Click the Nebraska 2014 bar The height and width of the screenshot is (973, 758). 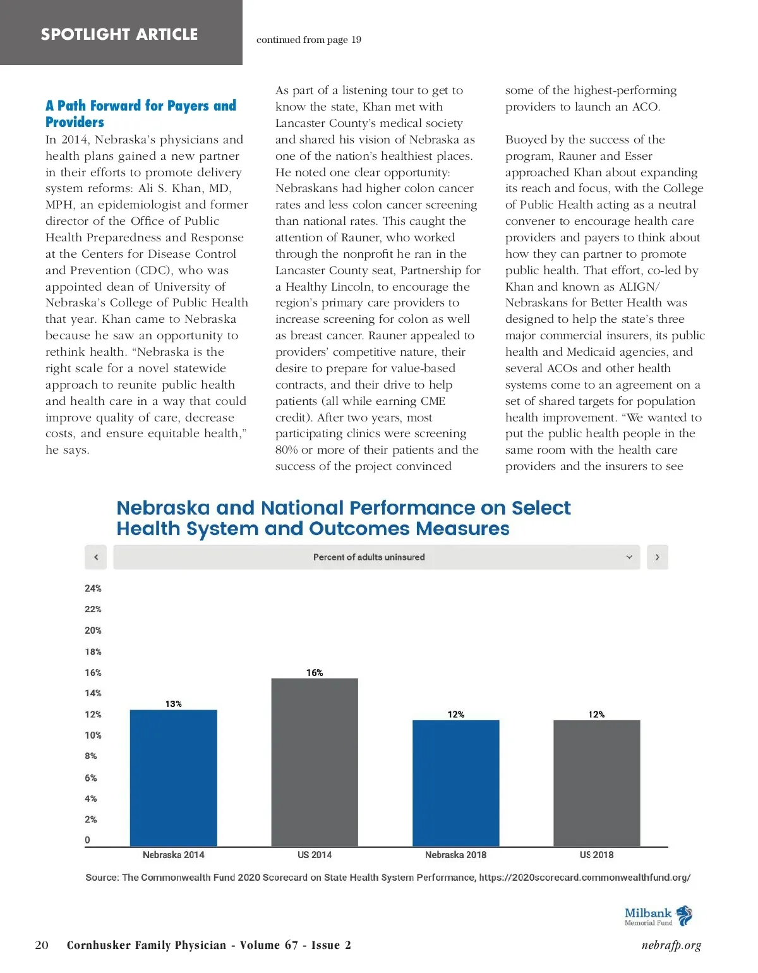pyautogui.click(x=174, y=778)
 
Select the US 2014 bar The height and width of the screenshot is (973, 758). pyautogui.click(x=315, y=762)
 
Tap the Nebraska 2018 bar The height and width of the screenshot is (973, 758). pyautogui.click(x=455, y=783)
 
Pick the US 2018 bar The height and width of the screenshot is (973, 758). pyautogui.click(x=596, y=783)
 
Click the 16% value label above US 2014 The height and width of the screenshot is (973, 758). pyautogui.click(x=315, y=673)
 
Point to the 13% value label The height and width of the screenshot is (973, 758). pyautogui.click(x=174, y=704)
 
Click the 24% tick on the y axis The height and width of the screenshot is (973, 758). pyautogui.click(x=93, y=588)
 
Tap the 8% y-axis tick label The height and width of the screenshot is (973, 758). pyautogui.click(x=91, y=756)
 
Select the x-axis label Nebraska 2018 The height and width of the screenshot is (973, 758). pyautogui.click(x=455, y=855)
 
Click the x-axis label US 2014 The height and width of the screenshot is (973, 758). pyautogui.click(x=315, y=855)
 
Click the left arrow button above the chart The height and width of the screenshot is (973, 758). pyautogui.click(x=96, y=557)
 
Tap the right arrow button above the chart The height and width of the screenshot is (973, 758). pyautogui.click(x=658, y=557)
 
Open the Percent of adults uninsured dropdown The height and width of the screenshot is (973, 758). pyautogui.click(x=376, y=557)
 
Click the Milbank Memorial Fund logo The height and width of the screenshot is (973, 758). pyautogui.click(x=658, y=916)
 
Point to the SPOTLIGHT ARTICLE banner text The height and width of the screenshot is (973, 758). pyautogui.click(x=119, y=34)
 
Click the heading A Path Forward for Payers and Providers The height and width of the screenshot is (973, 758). pyautogui.click(x=140, y=114)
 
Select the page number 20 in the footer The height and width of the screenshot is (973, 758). pyautogui.click(x=42, y=945)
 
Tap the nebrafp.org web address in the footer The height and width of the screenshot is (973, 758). pyautogui.click(x=671, y=945)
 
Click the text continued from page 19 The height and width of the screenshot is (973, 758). pyautogui.click(x=309, y=40)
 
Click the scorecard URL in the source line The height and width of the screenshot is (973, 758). pyautogui.click(x=584, y=878)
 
